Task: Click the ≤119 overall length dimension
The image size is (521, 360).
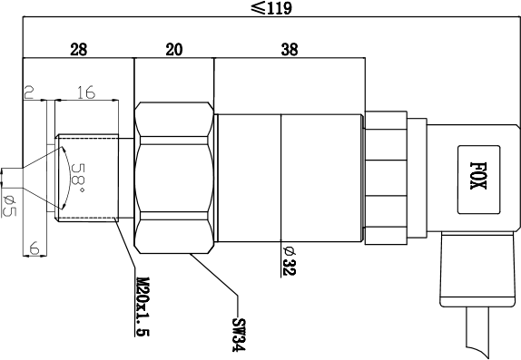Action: [271, 8]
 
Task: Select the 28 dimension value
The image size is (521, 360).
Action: [79, 50]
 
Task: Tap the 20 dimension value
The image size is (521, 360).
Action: [174, 50]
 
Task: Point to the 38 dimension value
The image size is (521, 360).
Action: [290, 50]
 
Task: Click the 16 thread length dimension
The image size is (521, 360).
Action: [86, 92]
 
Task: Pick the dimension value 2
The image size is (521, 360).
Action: [29, 92]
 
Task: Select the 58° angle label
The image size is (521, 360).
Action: [78, 178]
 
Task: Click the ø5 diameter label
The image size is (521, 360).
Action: [9, 206]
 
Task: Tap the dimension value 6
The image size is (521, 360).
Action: [34, 248]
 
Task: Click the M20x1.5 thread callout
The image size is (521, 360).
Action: [143, 306]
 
